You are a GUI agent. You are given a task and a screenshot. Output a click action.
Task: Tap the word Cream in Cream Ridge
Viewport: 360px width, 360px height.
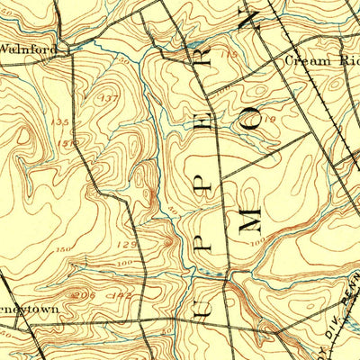pos(305,61)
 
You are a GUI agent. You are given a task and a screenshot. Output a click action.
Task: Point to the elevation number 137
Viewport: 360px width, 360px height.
pos(110,97)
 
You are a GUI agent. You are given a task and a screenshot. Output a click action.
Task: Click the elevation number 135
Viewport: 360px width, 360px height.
pos(60,121)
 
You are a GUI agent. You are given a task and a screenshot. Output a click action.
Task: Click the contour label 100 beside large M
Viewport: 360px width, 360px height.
pos(259,241)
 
